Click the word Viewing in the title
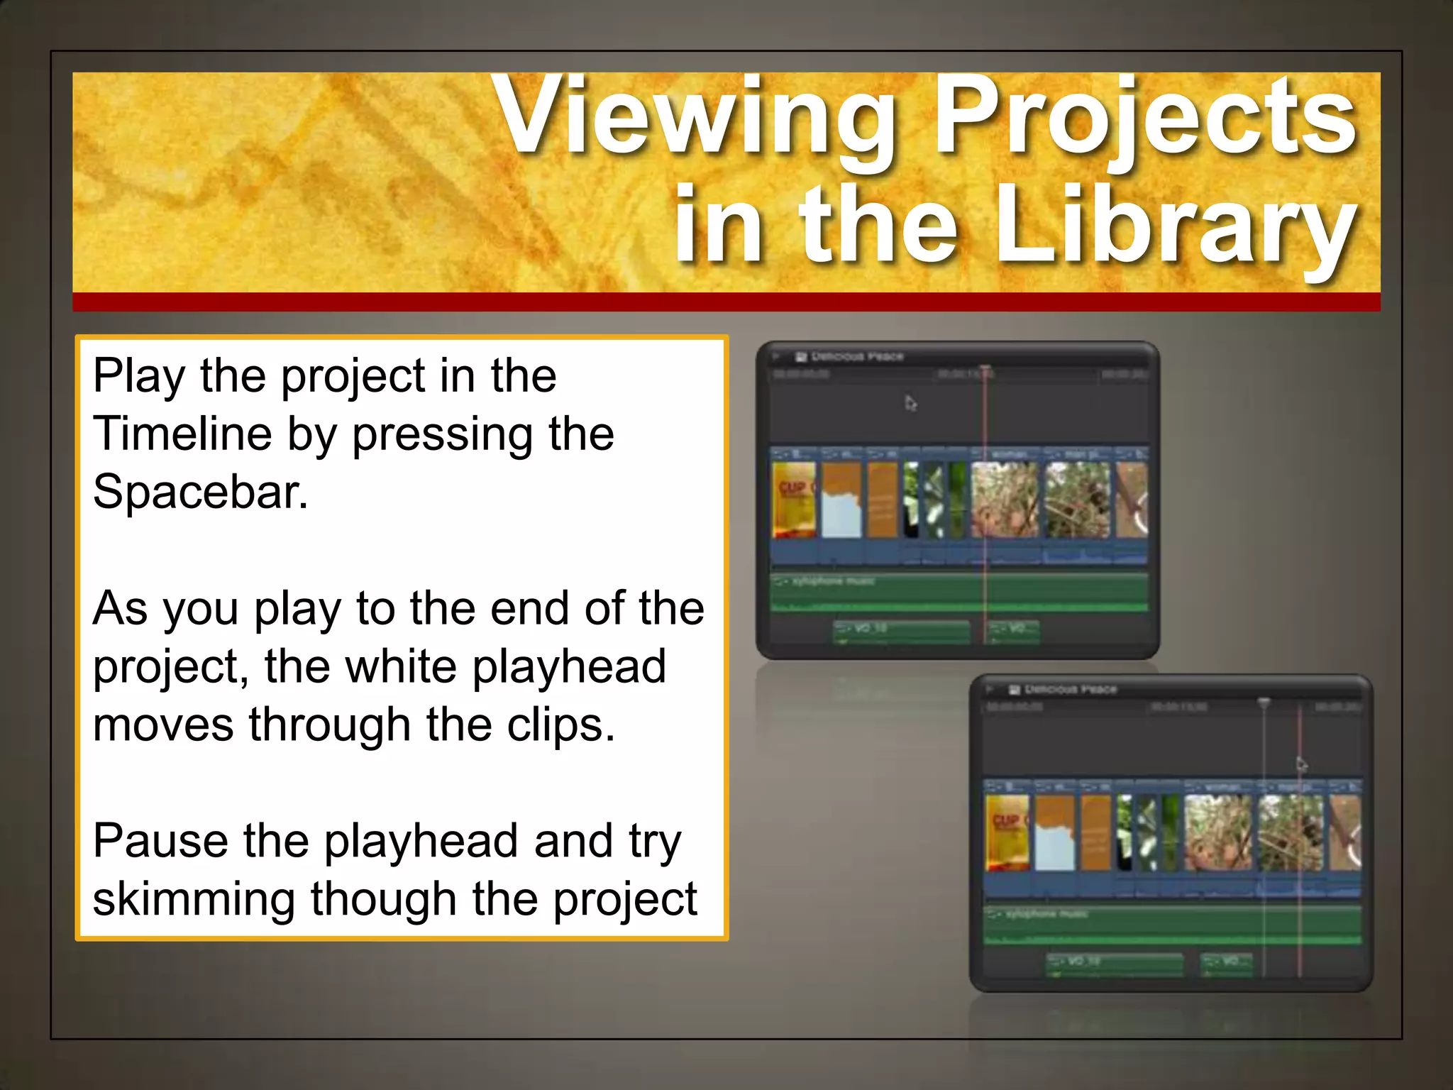[695, 117]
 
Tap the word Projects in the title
[1144, 117]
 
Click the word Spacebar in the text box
[201, 492]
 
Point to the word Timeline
[182, 434]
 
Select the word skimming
[193, 899]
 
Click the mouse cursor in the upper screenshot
[911, 403]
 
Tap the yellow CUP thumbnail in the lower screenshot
[1007, 832]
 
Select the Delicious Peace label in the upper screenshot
[857, 356]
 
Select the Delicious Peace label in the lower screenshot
[1071, 689]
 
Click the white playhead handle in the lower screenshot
[1264, 703]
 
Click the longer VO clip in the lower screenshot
[1115, 963]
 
